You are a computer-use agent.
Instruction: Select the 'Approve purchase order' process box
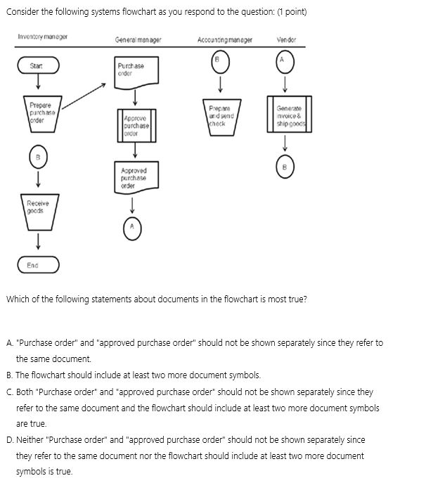134,124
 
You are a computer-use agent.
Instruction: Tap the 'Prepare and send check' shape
221,116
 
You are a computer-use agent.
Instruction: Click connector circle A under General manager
134,226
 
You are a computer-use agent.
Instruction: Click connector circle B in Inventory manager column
39,155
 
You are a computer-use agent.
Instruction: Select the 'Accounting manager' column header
225,40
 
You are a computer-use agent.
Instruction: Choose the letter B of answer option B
9,375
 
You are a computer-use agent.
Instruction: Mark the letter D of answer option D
9,440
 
